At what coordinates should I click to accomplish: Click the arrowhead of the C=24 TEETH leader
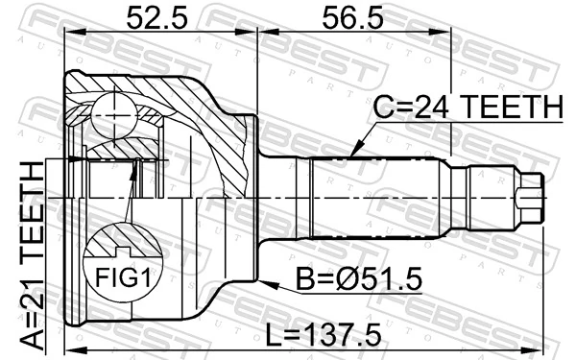[x=352, y=154]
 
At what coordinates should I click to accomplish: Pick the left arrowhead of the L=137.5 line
[x=69, y=344]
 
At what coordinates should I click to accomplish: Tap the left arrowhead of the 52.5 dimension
[x=69, y=32]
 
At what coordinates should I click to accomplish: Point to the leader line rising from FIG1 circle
[x=130, y=197]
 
